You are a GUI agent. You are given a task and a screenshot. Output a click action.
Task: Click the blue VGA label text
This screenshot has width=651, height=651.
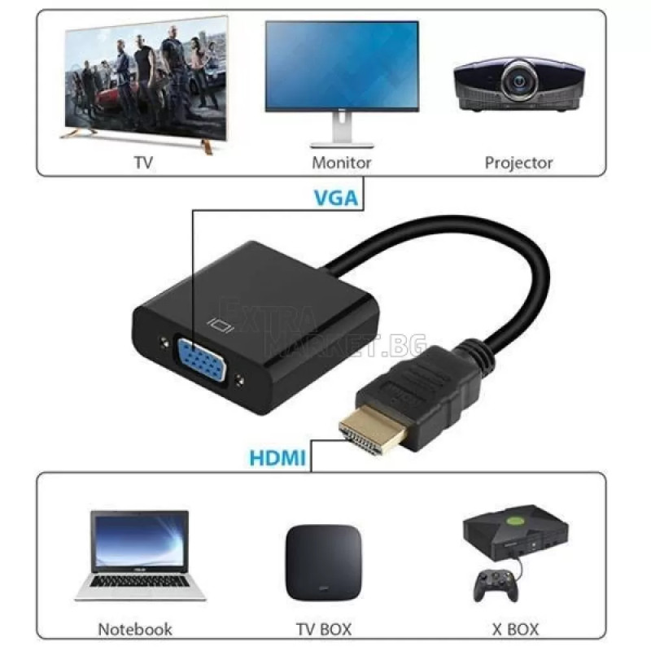(336, 198)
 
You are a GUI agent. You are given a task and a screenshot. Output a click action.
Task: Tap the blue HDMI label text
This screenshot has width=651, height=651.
(277, 457)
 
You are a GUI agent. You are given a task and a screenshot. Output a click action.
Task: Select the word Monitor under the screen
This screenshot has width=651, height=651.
(341, 162)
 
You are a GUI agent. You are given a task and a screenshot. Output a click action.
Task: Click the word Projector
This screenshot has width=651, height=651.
(518, 164)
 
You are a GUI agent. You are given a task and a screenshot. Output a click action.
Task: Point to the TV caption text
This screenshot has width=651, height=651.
(144, 162)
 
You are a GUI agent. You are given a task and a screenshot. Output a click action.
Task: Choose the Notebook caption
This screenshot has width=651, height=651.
(135, 629)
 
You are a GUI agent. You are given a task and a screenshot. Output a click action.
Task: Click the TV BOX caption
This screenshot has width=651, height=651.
(324, 629)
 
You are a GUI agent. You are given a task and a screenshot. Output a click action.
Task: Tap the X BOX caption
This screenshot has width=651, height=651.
(515, 629)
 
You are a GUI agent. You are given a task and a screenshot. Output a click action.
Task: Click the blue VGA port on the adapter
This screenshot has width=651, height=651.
(202, 359)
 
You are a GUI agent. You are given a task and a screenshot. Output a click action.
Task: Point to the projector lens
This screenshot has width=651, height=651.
(519, 81)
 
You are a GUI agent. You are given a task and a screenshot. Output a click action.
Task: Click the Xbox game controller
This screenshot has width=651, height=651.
(496, 585)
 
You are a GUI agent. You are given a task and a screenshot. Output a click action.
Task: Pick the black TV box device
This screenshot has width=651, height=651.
(323, 562)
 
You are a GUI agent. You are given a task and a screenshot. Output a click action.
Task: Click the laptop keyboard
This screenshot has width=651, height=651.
(139, 581)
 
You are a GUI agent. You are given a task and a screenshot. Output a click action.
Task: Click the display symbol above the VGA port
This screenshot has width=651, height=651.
(221, 325)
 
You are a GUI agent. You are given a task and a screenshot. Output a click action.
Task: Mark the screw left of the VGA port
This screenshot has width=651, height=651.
(165, 343)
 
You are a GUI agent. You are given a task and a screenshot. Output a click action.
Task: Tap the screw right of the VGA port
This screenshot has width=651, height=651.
(239, 380)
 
